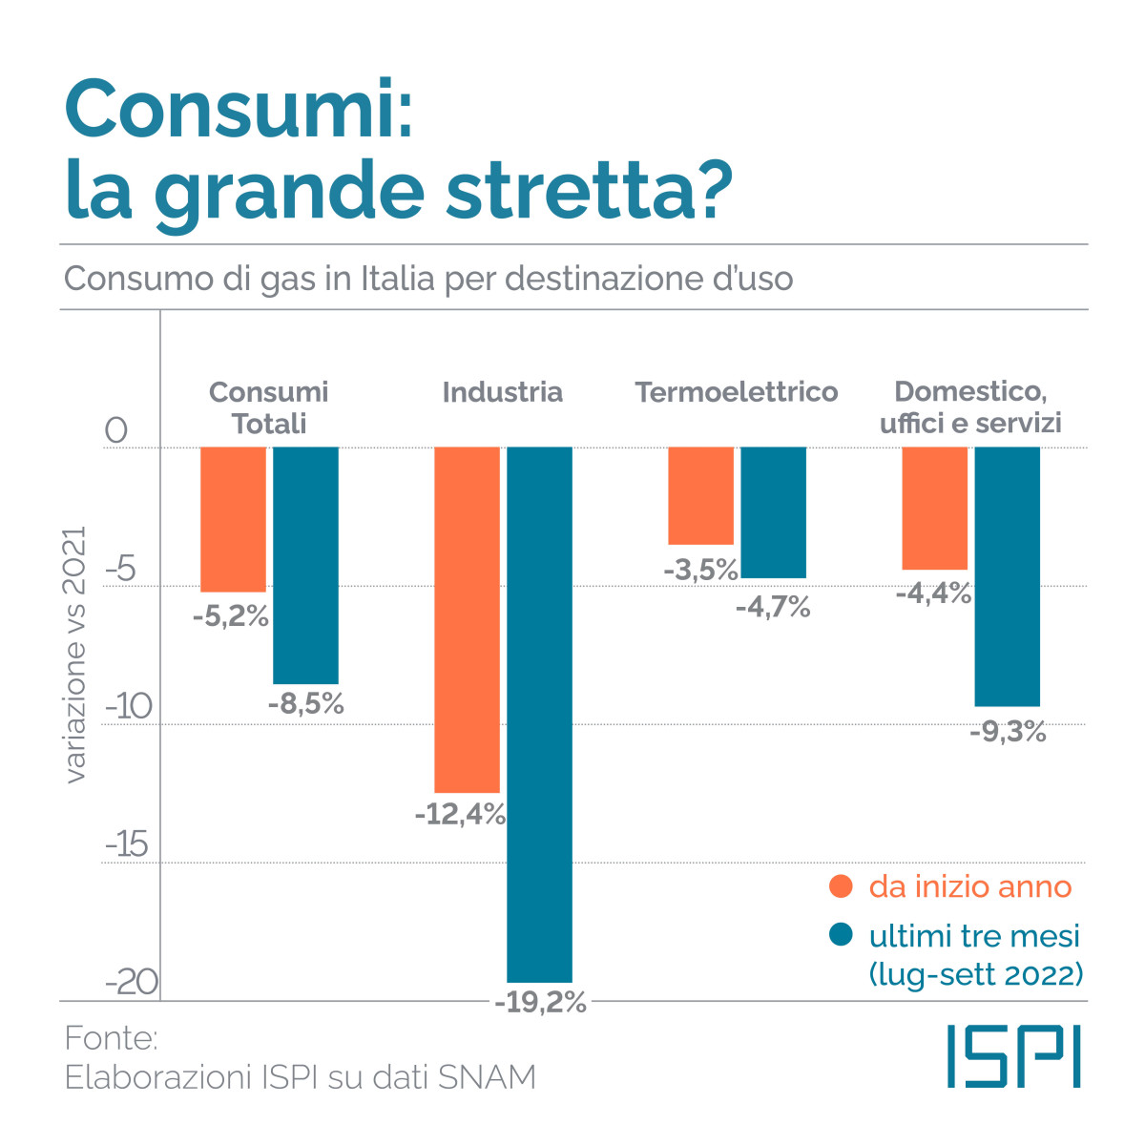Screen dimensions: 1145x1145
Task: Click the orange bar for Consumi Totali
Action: [233, 519]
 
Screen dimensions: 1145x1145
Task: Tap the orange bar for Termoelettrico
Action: [700, 495]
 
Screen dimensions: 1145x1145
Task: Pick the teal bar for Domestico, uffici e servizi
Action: [1007, 576]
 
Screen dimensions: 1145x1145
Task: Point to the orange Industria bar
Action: [467, 619]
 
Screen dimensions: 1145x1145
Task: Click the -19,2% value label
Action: [540, 1003]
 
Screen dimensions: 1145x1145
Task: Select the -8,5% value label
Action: [305, 704]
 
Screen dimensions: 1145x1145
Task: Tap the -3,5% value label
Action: [701, 570]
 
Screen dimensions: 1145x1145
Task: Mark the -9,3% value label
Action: [1008, 733]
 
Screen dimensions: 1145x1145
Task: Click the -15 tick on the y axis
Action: [126, 845]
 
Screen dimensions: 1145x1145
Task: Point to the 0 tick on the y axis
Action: [115, 430]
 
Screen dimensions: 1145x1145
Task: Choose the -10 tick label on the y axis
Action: [128, 707]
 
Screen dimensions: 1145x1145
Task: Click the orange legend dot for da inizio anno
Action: [841, 886]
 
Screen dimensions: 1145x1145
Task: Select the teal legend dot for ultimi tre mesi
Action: [841, 935]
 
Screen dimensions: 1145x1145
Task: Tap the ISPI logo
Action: [1013, 1056]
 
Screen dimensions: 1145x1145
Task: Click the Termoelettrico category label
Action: [737, 392]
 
